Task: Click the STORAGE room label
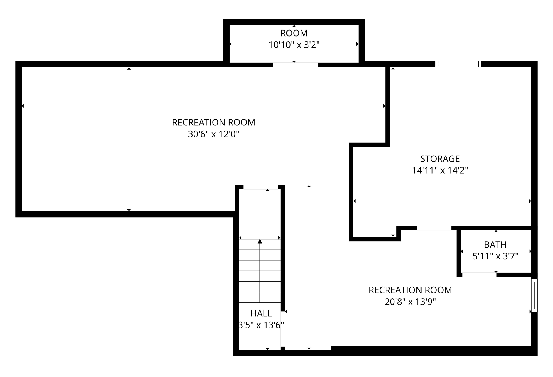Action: (x=440, y=159)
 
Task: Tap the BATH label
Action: (x=495, y=245)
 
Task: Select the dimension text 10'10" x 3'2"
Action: (x=294, y=45)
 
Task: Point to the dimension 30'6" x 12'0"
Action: (x=213, y=134)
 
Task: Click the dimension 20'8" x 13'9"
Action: (x=410, y=302)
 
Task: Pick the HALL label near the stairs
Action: (x=261, y=313)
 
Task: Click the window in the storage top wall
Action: (x=458, y=64)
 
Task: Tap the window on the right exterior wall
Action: (x=534, y=295)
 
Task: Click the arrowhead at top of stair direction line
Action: (x=260, y=241)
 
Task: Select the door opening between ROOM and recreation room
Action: (x=295, y=65)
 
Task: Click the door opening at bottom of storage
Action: (x=434, y=228)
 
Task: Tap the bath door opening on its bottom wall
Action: (x=479, y=275)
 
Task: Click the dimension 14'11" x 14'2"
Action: (x=440, y=170)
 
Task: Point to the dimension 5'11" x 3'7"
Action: (x=495, y=256)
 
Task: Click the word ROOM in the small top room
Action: (x=294, y=33)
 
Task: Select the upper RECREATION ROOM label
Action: (x=213, y=123)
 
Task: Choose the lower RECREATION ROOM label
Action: (x=410, y=290)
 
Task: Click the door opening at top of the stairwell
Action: (x=261, y=187)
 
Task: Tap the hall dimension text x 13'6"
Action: (x=261, y=325)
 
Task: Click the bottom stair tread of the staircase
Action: (x=260, y=297)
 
